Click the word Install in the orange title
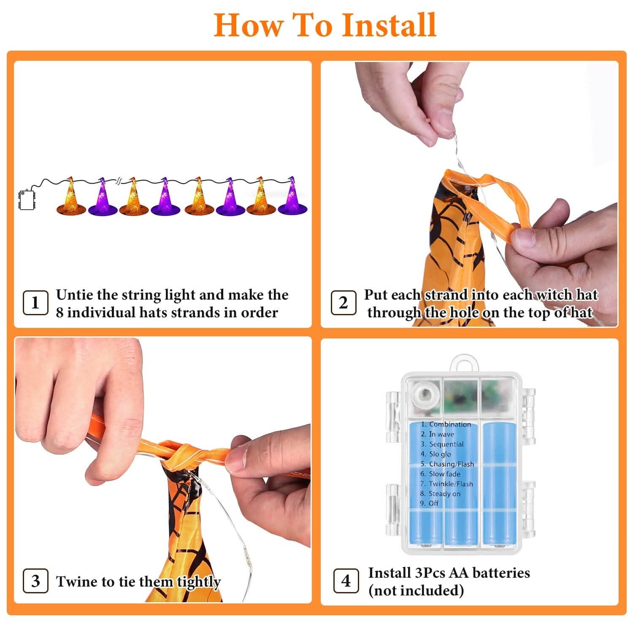pos(389,25)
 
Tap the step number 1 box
pos(35,303)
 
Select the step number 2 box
pos(343,303)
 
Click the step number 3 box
pos(35,581)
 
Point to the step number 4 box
pos(346,581)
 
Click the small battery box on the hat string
pos(27,200)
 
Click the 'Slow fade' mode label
pos(444,474)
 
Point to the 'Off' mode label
pos(434,503)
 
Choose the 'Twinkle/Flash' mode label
pos(451,484)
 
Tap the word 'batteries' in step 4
pos(501,573)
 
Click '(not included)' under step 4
pos(416,590)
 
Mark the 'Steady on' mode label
pos(444,494)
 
